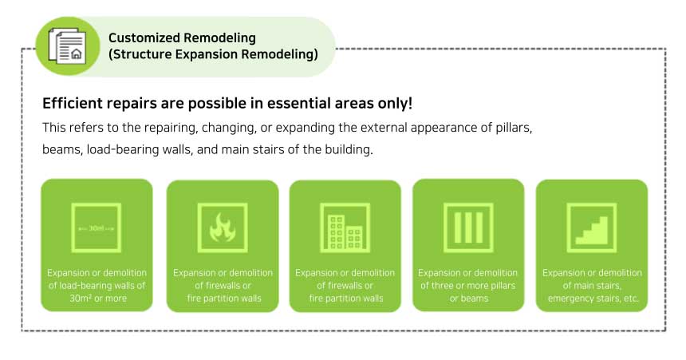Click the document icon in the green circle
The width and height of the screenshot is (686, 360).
click(x=67, y=45)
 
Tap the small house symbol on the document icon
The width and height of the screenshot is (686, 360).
click(x=76, y=54)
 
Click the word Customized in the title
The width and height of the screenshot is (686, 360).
click(x=142, y=38)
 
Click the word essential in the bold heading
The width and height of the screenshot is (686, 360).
click(x=300, y=103)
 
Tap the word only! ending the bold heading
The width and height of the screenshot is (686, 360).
click(x=396, y=104)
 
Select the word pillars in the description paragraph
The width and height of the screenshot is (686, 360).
click(x=514, y=128)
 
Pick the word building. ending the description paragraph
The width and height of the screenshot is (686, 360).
click(x=349, y=150)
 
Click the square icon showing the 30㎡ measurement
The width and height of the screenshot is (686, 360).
click(x=97, y=227)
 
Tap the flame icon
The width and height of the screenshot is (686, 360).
click(x=223, y=227)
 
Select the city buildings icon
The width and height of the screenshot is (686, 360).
click(x=345, y=227)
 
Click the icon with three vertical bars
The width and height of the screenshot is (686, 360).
click(x=468, y=227)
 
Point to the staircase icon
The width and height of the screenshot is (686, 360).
click(x=592, y=227)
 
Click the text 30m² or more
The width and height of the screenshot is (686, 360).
click(x=98, y=299)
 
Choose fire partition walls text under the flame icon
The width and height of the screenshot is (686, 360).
click(x=224, y=299)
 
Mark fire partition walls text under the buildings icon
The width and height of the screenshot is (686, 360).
click(x=346, y=299)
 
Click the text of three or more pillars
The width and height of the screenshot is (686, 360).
click(x=468, y=286)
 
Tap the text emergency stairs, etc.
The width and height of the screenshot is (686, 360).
click(x=593, y=299)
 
